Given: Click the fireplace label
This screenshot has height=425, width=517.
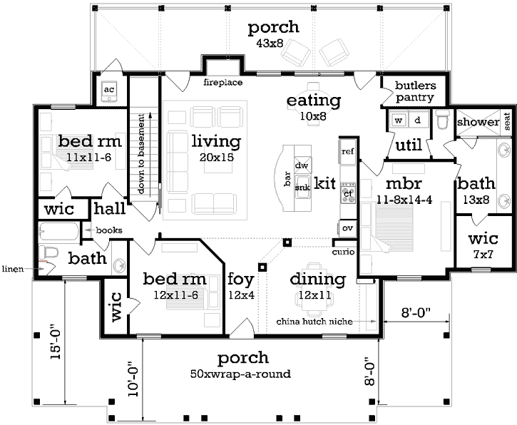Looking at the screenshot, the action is pos(223,83).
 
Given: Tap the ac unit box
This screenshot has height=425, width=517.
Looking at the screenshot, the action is pos(109,91).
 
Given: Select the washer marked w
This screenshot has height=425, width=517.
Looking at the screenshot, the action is pos(399,121).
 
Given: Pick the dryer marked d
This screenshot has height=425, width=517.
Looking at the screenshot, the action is pos(418,121).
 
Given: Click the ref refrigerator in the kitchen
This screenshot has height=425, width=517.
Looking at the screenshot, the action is pos(347,152).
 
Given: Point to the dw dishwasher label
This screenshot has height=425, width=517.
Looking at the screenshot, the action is pos(302,165).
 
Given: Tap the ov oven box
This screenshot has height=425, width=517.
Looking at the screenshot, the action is pos(347,228).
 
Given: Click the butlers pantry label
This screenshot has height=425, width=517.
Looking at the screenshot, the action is pos(415,91).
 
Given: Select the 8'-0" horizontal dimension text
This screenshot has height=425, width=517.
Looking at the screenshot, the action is pos(416,312).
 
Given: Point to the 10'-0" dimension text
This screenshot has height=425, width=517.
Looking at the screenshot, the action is pos(133,377).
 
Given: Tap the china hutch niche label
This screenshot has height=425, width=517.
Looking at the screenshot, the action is pos(314,322).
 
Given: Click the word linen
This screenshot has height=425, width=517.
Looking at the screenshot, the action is pos(13,269).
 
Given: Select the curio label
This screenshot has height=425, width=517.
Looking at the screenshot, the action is pos(343,252).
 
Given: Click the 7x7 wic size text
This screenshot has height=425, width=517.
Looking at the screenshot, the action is pos(483,254).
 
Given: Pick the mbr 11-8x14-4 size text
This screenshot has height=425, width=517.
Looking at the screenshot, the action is pos(404,200).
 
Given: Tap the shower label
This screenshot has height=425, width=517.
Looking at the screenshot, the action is pos(478,122).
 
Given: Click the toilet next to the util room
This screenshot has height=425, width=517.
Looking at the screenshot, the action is pos(443,119).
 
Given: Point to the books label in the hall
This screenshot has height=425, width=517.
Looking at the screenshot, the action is pos(109,230).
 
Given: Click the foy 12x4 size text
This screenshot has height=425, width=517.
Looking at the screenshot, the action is pos(241,295).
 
